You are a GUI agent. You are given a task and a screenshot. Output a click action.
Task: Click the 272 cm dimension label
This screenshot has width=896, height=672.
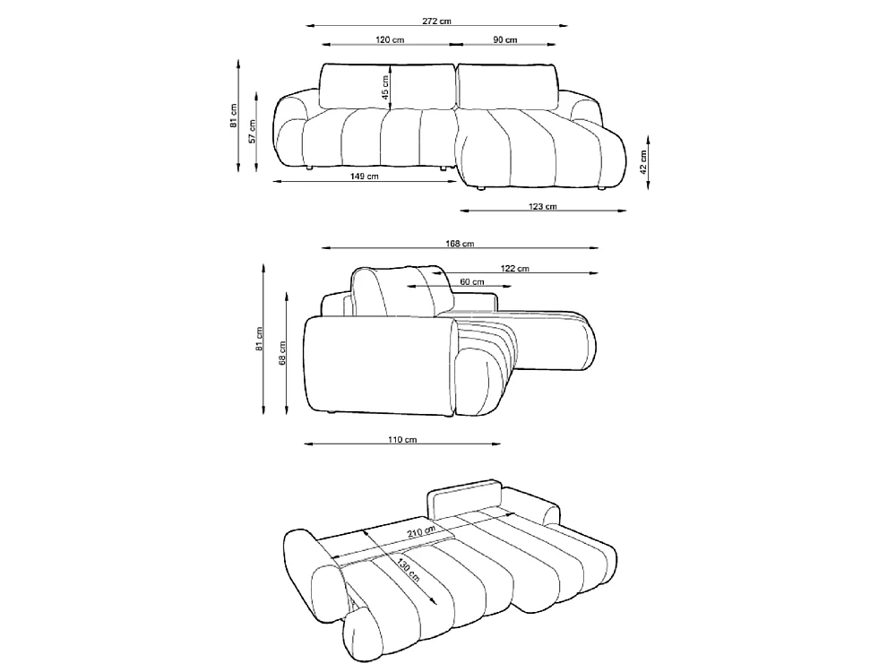436,22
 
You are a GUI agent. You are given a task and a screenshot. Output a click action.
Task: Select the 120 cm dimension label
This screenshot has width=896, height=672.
390,39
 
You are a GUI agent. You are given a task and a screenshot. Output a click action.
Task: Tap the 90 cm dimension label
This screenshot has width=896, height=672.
505,39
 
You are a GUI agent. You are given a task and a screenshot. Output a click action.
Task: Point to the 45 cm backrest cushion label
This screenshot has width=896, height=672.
385,88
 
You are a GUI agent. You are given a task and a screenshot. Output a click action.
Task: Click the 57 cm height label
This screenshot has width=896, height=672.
252,131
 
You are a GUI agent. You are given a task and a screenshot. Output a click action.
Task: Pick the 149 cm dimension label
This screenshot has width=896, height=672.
364,176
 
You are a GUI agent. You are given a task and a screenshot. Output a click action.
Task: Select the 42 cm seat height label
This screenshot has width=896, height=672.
642,161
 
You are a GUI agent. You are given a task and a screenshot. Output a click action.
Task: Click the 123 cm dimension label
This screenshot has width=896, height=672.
542,206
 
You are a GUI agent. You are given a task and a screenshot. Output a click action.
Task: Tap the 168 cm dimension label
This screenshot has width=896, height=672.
460,244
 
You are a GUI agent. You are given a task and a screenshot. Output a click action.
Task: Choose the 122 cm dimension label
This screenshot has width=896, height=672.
515,268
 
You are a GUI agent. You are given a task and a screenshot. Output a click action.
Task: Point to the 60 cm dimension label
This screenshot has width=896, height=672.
472,281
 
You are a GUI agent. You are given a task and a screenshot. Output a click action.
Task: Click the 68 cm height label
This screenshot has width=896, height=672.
281,354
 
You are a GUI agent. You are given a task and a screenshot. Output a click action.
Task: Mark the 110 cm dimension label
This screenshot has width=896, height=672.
402,439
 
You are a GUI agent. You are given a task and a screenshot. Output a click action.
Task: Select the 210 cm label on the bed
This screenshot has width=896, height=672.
421,531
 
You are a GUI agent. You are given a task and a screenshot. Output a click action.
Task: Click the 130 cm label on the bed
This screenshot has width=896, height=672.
409,570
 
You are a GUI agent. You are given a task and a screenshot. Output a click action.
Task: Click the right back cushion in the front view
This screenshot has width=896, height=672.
508,86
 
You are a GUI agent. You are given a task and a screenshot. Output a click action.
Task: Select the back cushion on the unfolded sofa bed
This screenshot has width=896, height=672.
464,496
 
